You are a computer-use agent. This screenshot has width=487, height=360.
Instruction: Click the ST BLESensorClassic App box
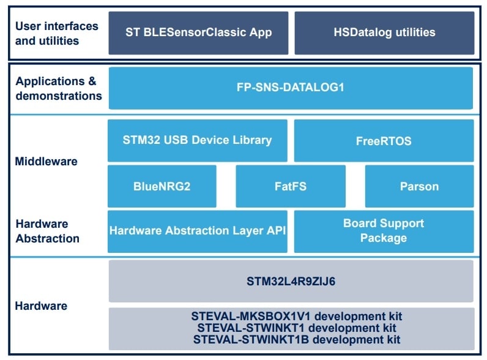tap(198, 32)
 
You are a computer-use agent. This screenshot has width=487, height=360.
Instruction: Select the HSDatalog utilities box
tap(384, 32)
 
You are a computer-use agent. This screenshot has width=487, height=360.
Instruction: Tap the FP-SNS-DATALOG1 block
tap(291, 88)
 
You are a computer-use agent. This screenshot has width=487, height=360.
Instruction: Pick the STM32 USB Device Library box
tap(198, 140)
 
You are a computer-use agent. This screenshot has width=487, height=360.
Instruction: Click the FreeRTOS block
tap(384, 141)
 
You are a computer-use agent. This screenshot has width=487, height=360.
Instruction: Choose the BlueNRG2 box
tap(162, 186)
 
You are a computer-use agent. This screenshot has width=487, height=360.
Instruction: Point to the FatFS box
tap(291, 186)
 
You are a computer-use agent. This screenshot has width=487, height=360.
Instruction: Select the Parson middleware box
tap(419, 186)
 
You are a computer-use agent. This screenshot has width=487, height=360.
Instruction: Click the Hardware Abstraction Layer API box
tap(198, 231)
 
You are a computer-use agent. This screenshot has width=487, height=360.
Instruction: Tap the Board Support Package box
tap(384, 231)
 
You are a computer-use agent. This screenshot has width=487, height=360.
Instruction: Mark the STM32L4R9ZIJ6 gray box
tap(291, 282)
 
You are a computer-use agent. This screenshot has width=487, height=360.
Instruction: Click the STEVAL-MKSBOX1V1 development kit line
tap(291, 317)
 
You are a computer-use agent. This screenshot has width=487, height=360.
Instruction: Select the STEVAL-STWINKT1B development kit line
tap(291, 339)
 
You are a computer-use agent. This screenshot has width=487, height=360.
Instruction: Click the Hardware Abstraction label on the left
tap(48, 231)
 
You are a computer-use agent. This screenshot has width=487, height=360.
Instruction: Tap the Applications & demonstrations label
tap(59, 88)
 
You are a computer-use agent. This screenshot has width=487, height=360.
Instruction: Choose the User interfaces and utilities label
tap(56, 33)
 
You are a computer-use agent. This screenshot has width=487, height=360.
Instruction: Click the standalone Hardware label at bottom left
tap(42, 306)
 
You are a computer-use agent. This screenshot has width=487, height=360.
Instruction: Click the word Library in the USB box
tap(248, 140)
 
